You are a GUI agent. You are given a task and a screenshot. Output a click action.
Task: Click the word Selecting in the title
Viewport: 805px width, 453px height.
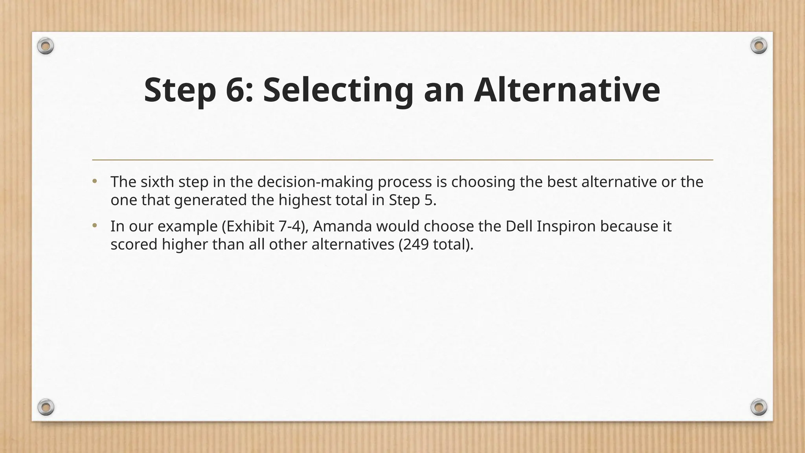338,90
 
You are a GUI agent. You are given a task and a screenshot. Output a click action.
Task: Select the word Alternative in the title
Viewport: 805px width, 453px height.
566,90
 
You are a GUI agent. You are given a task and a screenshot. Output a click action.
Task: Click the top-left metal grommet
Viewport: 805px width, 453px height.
46,47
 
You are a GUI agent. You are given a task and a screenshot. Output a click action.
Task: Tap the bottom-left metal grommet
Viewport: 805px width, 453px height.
46,407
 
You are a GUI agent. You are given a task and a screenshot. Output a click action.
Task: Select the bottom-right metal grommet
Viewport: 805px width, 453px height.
759,407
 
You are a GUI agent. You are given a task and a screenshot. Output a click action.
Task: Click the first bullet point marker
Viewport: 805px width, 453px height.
94,182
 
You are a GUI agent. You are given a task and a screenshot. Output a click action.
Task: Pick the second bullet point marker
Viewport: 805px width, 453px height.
94,226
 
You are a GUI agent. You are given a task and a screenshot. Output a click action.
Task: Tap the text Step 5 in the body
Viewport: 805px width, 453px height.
411,200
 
